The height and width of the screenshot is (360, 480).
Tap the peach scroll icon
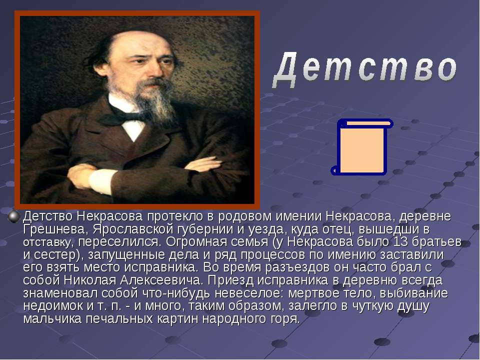(362, 147)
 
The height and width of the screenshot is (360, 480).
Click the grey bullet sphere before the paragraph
(14, 216)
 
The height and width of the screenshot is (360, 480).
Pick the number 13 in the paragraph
(400, 242)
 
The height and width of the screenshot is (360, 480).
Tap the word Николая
(90, 280)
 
